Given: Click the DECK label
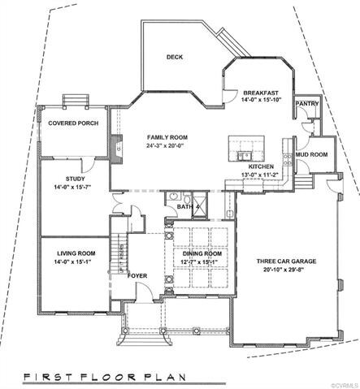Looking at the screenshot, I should [x=174, y=57].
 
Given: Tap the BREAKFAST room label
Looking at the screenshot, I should [x=262, y=93].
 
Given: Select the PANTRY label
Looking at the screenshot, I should [x=306, y=103].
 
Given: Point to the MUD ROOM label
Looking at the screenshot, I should [x=312, y=153].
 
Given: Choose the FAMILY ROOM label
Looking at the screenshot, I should [x=168, y=137].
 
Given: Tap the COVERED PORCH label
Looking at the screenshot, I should [x=73, y=123].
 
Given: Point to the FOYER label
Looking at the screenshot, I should [x=138, y=275].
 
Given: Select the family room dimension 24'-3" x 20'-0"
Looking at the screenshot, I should [x=168, y=146].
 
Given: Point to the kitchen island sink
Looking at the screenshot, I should [x=243, y=154].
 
